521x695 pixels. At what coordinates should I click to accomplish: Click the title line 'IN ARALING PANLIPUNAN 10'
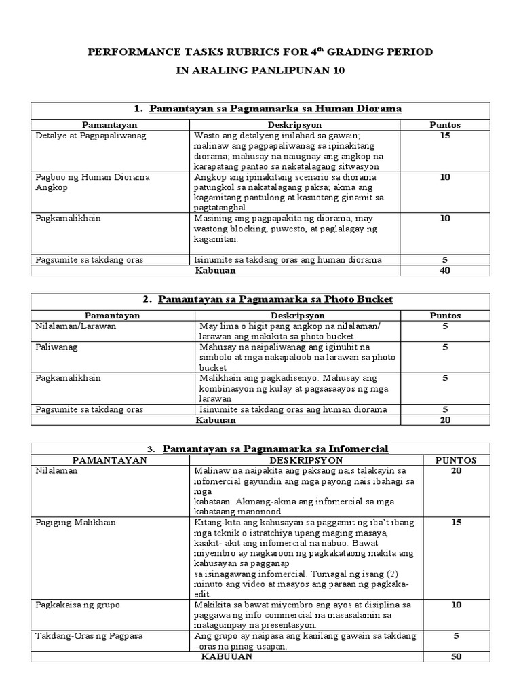pos(260,70)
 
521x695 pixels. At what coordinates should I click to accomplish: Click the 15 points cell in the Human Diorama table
pos(445,135)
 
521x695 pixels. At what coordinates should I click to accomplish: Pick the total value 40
pos(445,270)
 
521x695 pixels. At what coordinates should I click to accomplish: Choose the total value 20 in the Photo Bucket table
pos(445,419)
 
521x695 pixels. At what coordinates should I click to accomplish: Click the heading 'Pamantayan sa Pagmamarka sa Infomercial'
pos(275,449)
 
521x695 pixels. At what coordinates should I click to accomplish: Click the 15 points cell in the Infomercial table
pos(456,522)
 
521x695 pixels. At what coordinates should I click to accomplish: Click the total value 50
pos(456,657)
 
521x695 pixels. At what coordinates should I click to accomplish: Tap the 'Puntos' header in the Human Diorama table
pos(445,125)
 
